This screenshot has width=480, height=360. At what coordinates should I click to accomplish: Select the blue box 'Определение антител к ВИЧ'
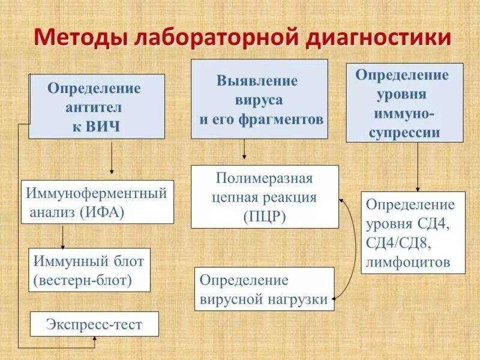pos(97,107)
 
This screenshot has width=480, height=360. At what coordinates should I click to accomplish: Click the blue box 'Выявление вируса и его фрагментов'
pos(259,100)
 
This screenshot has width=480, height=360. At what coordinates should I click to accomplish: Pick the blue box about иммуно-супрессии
pos(404,103)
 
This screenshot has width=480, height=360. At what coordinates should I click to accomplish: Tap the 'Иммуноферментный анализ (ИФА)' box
pos(97,202)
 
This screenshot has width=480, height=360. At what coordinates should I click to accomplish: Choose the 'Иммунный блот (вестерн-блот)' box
pos(89,270)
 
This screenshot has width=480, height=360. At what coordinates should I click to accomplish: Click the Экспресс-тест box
pos(94,324)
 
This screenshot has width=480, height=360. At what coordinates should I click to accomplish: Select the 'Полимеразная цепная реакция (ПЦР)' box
pos(265,197)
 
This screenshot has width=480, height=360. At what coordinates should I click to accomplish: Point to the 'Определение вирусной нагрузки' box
pos(264,289)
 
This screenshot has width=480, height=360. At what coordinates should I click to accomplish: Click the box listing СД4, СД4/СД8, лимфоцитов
pos(413,233)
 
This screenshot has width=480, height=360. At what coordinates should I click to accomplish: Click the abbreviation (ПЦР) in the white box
pos(264,216)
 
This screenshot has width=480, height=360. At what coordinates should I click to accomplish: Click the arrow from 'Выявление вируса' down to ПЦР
pos(244,149)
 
